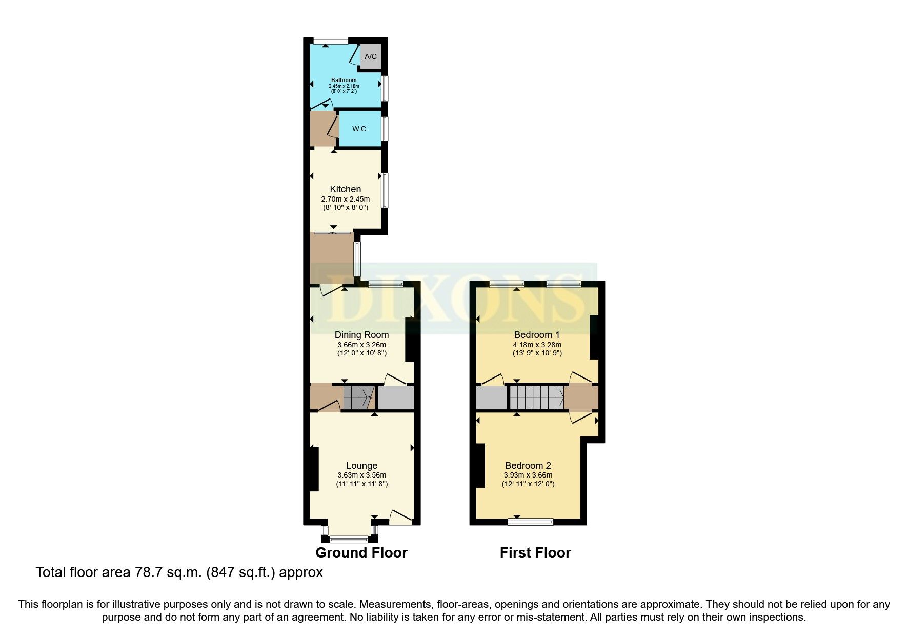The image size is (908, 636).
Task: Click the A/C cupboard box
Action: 371,56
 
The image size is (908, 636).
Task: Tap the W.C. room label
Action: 360,129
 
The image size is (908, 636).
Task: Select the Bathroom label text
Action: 344,80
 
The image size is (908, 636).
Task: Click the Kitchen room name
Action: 345,189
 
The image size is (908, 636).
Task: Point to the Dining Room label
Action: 361,335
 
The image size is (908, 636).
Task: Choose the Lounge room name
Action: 361,466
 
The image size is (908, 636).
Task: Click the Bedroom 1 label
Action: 537,335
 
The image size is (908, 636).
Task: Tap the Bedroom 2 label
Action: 528,466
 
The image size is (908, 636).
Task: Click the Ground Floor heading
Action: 361,553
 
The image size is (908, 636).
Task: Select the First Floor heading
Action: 535,553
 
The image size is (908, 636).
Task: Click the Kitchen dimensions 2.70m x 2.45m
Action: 345,199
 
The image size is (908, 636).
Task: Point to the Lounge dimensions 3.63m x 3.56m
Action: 361,475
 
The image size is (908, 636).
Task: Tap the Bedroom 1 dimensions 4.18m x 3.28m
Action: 537,345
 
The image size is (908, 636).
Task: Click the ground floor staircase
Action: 358,397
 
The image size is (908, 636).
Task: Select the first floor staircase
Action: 537,397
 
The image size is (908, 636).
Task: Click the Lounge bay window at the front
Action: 349,539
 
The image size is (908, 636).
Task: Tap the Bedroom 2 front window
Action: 531,522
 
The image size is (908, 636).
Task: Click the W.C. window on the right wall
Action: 385,129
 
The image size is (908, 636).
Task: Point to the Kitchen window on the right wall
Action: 385,190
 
